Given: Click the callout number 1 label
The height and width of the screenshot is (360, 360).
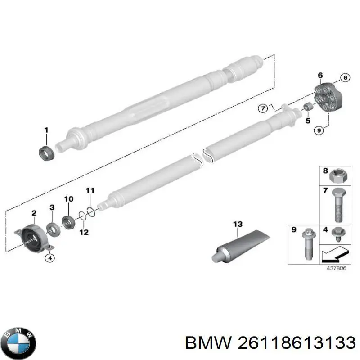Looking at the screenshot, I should tap(45, 130).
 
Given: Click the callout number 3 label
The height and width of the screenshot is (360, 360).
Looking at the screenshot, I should tap(52, 207).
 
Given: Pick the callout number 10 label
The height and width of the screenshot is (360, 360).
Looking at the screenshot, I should tap(68, 199).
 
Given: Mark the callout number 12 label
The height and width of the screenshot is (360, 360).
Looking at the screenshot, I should tap(84, 232).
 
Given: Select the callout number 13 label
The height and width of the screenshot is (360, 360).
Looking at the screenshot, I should tap(238, 224).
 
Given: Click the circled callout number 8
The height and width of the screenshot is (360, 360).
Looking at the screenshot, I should tap(345, 78).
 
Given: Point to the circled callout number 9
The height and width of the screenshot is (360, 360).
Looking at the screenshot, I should tap(319, 130).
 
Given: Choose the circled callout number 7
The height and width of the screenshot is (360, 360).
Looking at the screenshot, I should tap(263, 108).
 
